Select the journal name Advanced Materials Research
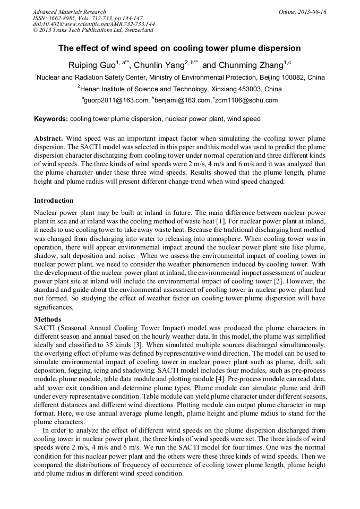click(69, 12)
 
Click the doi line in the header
click(93, 24)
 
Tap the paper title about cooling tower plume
click(179, 48)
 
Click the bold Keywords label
click(51, 119)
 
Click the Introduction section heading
click(54, 201)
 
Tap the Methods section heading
click(47, 320)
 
